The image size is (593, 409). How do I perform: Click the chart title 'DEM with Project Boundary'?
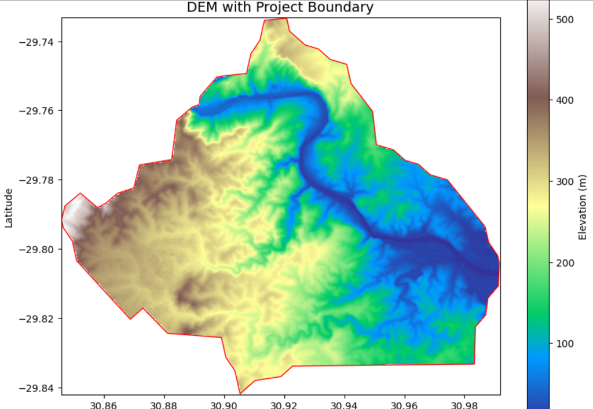coord(280,8)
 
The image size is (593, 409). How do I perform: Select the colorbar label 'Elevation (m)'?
coord(584,208)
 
